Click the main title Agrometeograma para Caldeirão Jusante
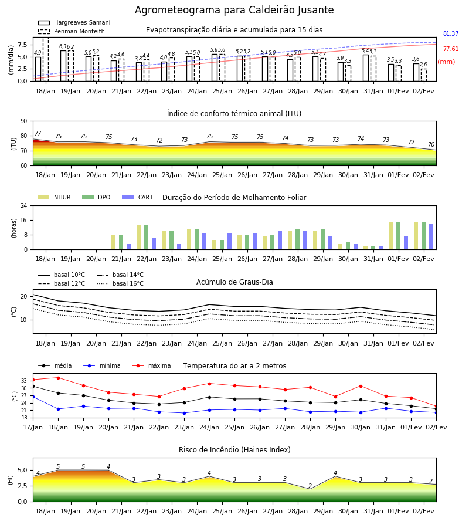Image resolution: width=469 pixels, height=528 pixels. pos(234,10)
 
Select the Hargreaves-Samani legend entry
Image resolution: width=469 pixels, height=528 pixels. pos(74,22)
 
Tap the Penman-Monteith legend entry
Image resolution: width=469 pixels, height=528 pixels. pos(72,31)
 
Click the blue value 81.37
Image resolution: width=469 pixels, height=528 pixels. pos(451,33)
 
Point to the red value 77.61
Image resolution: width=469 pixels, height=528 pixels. pos(451,49)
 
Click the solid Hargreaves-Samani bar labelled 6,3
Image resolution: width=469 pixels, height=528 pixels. pos(63,66)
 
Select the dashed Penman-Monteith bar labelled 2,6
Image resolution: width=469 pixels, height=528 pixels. pos(424,75)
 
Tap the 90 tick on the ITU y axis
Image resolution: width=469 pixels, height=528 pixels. pos(24,121)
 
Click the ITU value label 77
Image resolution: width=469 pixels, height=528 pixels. pos(38,133)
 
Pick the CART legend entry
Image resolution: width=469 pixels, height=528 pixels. pos(138,197)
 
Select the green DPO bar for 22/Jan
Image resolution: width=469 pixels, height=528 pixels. pos(147,238)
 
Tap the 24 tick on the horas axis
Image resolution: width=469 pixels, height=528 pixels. pos(24,205)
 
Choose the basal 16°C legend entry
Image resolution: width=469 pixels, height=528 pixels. pos(120,283)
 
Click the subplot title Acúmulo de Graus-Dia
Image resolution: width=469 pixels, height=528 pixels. pos(235,282)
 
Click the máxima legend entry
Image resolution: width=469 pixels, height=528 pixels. pos(151,365)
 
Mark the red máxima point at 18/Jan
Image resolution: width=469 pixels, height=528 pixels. pos(58,378)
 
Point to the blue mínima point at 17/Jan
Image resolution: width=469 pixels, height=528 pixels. pos(33,397)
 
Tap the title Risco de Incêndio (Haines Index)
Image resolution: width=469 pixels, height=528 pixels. pos(235,450)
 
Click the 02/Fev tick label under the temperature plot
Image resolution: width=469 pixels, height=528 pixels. pos(436,427)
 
